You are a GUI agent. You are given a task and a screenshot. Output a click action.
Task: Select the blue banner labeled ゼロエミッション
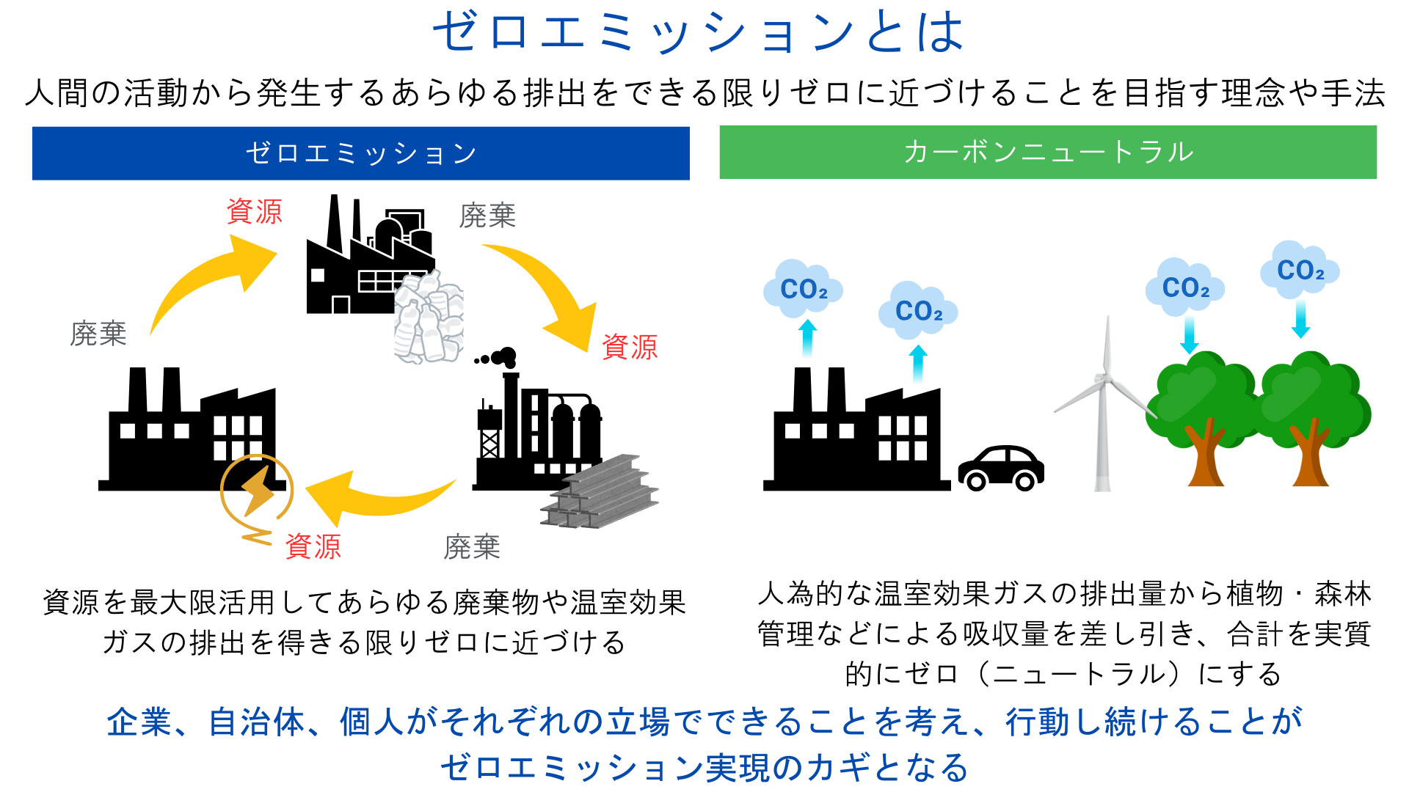coord(360,153)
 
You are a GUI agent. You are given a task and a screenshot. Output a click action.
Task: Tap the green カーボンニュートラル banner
coord(1047,153)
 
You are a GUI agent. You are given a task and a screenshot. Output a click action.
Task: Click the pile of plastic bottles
coord(429,319)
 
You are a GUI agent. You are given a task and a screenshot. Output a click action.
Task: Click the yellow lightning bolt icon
coord(257,489)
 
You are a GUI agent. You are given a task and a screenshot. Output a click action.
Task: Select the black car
coord(1001,467)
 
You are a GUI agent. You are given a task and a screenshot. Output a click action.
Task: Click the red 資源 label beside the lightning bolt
coord(313,547)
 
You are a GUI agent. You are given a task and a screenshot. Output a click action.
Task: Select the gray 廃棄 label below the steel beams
coord(472,548)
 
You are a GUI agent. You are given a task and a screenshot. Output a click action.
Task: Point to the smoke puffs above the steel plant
coord(498,358)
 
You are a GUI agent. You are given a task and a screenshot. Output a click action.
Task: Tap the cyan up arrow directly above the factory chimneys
coord(807,337)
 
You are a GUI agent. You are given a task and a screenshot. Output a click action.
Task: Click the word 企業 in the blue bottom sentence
coord(139,722)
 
